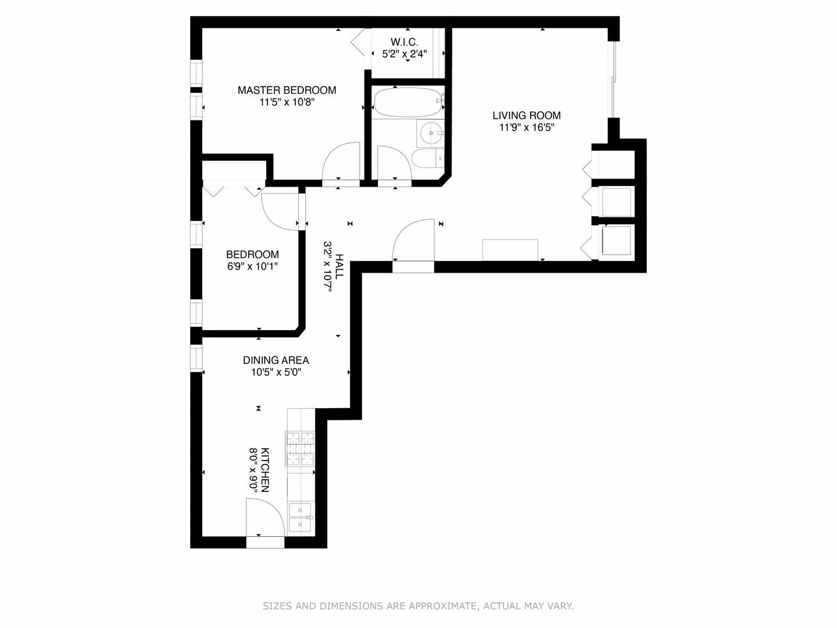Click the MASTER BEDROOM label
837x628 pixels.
[x=287, y=90]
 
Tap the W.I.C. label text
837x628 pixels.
[x=404, y=42]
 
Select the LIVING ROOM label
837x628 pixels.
[x=527, y=115]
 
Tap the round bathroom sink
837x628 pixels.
[x=431, y=134]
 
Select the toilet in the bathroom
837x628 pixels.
[x=426, y=158]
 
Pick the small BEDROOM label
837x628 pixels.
[x=252, y=254]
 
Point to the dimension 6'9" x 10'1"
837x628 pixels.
[x=252, y=267]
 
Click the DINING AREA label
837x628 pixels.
[x=276, y=361]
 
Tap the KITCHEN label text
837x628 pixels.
[x=264, y=470]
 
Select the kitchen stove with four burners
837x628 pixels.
[x=299, y=448]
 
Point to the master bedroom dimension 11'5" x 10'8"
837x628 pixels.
[x=287, y=102]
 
